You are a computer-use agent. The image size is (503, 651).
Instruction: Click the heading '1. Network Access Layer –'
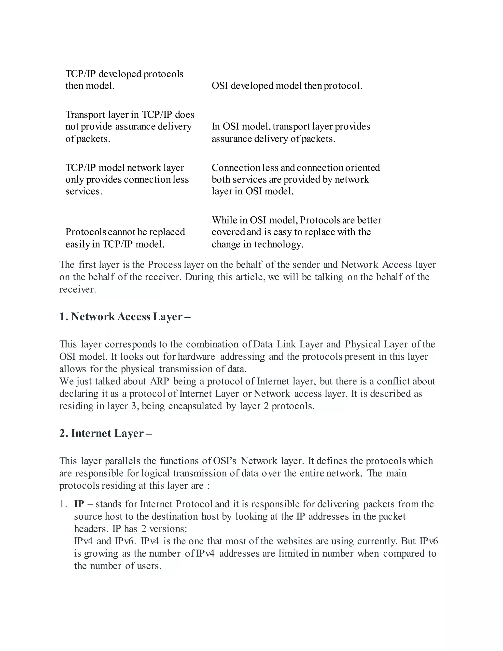click(125, 317)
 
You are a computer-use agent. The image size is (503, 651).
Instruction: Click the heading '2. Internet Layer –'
click(106, 433)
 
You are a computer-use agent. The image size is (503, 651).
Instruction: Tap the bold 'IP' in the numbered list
click(79, 504)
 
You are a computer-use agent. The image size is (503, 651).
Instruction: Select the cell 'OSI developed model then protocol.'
click(287, 86)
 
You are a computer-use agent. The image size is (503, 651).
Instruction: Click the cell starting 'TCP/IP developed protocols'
click(124, 80)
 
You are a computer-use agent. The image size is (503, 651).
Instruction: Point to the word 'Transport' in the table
click(85, 115)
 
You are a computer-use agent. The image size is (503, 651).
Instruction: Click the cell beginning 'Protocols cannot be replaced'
click(125, 238)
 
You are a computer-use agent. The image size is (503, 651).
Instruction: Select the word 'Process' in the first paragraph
click(165, 265)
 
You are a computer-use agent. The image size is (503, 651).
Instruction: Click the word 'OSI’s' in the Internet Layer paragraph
click(225, 461)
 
